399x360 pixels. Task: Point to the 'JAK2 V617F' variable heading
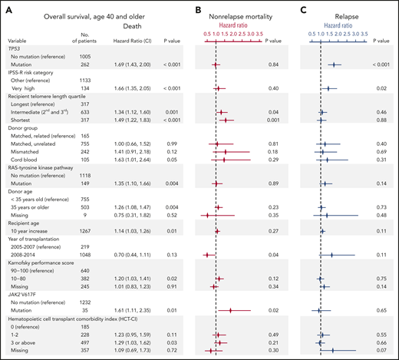(x=25, y=298)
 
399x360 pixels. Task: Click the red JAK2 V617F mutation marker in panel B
(x=230, y=312)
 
